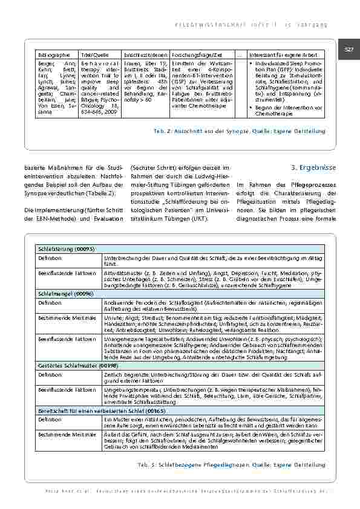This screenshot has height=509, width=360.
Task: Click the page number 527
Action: (x=349, y=48)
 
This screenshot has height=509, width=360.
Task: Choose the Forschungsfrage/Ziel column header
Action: (x=196, y=54)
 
